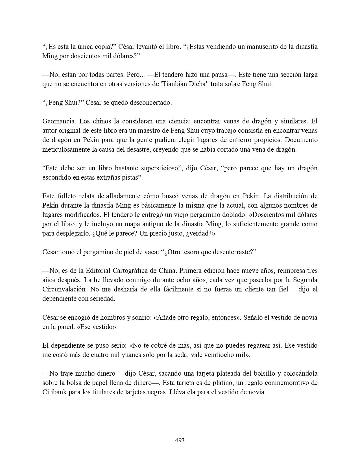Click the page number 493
point(180,440)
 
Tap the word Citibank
point(55,392)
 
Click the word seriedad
point(102,299)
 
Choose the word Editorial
point(98,271)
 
